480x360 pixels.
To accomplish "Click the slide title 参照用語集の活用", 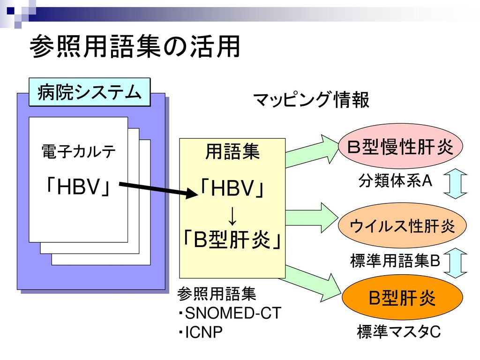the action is pos(135,46).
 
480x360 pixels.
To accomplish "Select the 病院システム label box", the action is pos(90,92).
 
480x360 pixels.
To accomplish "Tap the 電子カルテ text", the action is pos(78,151).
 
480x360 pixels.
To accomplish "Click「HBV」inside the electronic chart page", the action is pos(78,187).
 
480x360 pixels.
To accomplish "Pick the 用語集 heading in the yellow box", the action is pos(232,151).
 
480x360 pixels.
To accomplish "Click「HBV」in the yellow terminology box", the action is pos(232,187).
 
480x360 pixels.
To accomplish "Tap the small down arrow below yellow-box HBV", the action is pos(232,216).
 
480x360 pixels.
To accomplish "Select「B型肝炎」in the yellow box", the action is pos(232,239).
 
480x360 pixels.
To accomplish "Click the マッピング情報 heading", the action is pos(311,99).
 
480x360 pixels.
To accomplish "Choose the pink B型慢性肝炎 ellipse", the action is pos(400,147).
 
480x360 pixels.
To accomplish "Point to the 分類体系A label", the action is pos(395,180).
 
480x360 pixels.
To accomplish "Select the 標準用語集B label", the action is pos(395,261).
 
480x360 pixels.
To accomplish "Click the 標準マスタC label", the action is pos(398,332).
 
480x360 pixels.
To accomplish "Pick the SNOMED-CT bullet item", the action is pos(229,313).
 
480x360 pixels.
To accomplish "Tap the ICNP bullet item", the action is pos(200,332).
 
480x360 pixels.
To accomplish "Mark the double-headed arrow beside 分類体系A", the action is pos(456,184).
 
